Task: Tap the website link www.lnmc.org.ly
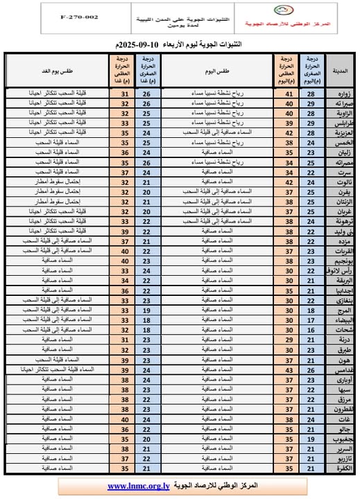tap(137, 487)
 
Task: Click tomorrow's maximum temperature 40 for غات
tap(125, 420)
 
